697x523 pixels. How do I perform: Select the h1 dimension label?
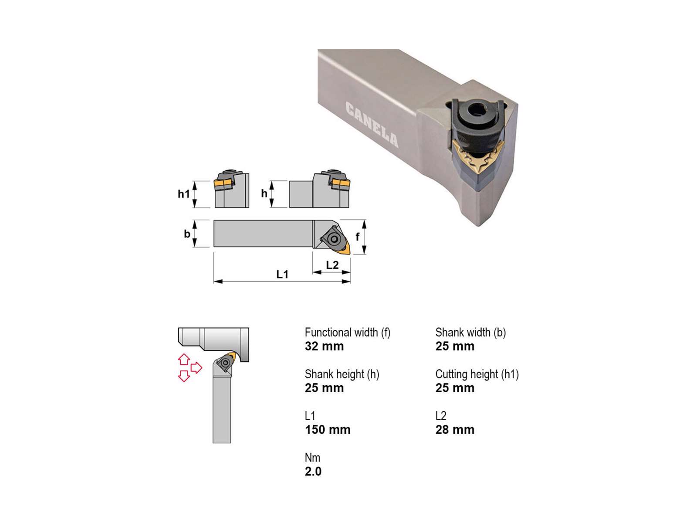[183, 194]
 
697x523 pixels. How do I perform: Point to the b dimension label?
[187, 234]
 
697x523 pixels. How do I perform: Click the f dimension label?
[358, 237]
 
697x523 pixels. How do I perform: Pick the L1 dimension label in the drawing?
[282, 274]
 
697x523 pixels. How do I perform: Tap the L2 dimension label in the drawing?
[332, 265]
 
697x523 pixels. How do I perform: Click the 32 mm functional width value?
[324, 346]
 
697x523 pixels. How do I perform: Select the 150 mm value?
[328, 430]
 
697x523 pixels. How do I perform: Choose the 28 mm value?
[454, 430]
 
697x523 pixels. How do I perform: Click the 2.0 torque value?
[313, 472]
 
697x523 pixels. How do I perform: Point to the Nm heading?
[312, 458]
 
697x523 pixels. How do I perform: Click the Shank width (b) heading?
[470, 333]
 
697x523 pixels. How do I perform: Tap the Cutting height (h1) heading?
[477, 374]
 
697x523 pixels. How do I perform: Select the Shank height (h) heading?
[342, 374]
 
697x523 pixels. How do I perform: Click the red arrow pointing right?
[196, 368]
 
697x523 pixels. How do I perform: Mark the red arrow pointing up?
[184, 359]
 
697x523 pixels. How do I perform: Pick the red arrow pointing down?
[184, 376]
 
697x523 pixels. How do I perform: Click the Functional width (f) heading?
[347, 333]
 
